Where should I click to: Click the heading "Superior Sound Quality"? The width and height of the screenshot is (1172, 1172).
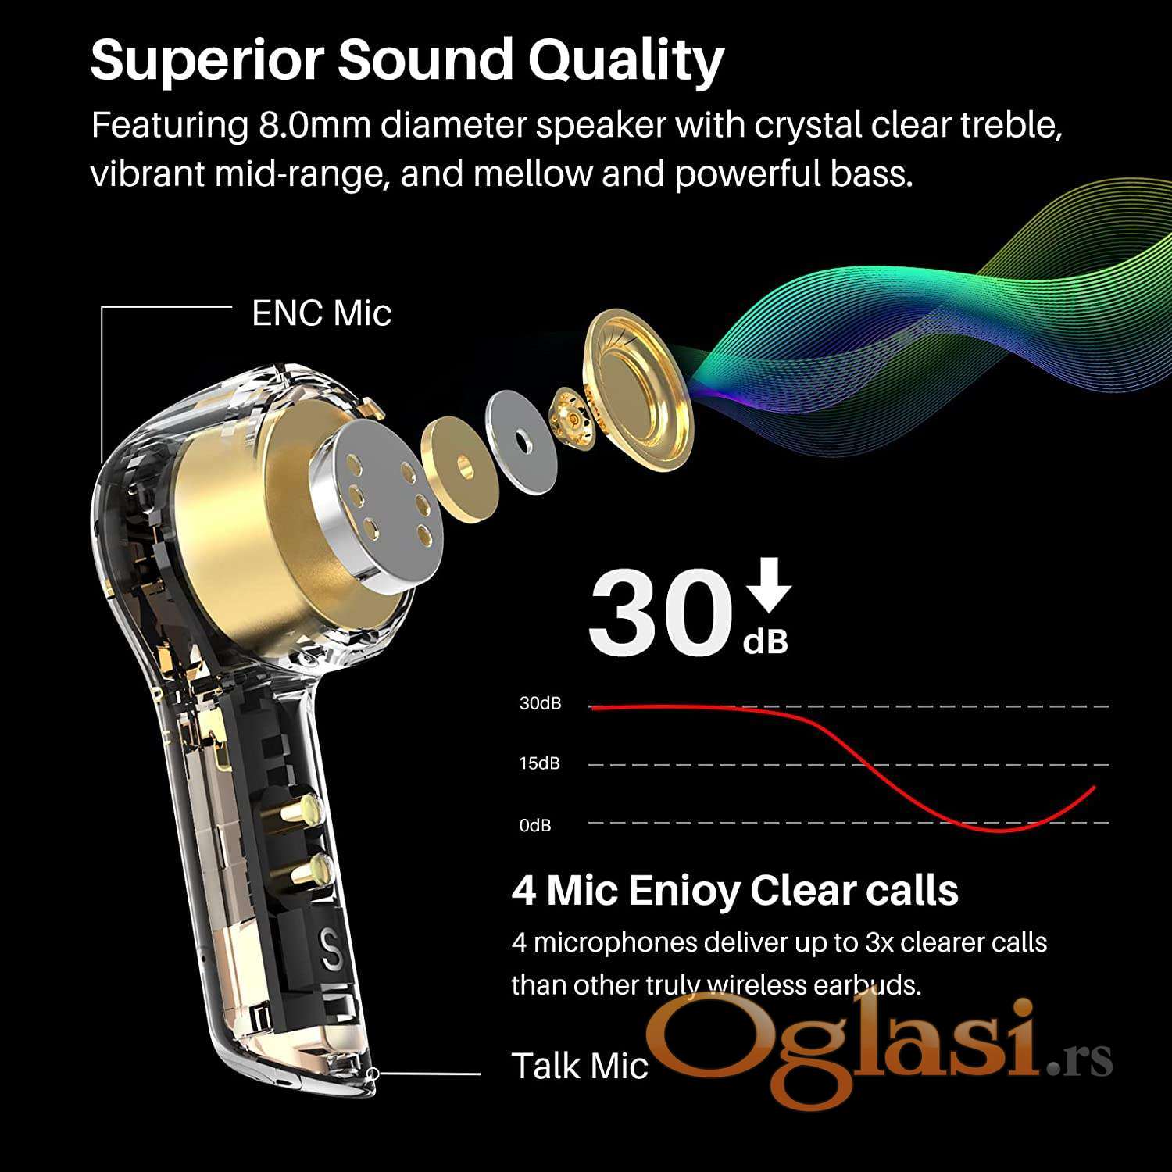pyautogui.click(x=407, y=61)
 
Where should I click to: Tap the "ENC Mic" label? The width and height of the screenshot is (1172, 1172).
pyautogui.click(x=321, y=313)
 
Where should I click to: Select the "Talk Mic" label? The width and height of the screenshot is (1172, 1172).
pyautogui.click(x=580, y=1066)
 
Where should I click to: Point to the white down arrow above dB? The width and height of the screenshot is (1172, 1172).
pyautogui.click(x=770, y=584)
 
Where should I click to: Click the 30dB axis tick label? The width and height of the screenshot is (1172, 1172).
pyautogui.click(x=541, y=703)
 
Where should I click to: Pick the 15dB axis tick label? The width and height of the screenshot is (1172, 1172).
pyautogui.click(x=540, y=763)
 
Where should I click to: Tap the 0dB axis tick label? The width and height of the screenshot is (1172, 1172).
pyautogui.click(x=535, y=825)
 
